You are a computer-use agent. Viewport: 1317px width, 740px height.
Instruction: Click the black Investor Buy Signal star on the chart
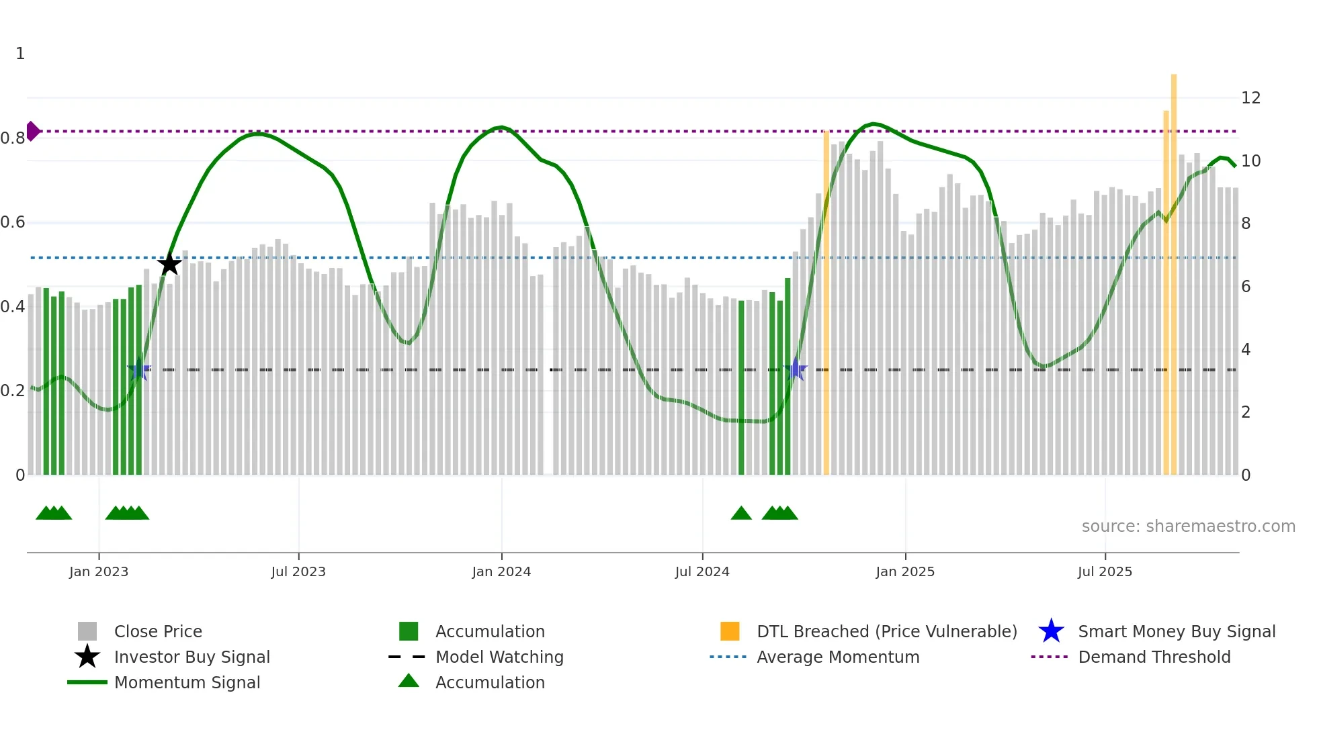tap(169, 264)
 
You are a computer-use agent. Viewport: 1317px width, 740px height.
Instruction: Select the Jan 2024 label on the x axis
tap(501, 571)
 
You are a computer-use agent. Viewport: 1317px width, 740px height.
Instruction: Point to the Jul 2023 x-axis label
tap(298, 571)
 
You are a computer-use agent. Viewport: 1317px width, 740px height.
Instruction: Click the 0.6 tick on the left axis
tap(13, 222)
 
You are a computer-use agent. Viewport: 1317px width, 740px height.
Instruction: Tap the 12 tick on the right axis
tap(1250, 98)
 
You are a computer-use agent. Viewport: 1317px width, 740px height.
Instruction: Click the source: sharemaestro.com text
tap(1188, 526)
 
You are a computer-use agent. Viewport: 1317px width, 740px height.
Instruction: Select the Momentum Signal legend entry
tap(187, 682)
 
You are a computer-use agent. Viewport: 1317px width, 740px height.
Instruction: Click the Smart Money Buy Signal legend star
tap(1051, 631)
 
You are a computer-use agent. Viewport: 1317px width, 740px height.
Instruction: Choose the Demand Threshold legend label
tap(1154, 657)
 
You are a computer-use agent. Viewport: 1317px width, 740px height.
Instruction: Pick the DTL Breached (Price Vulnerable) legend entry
tap(886, 631)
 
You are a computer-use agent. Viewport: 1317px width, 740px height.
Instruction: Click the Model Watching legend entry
tap(499, 657)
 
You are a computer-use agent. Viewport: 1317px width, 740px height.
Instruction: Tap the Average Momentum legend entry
tap(837, 657)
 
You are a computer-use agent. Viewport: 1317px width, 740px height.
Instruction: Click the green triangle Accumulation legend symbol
tap(409, 682)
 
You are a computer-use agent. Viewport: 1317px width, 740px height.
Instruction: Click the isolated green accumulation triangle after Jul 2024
tap(741, 514)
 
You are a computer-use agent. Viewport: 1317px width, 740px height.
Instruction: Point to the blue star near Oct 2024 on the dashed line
tap(796, 369)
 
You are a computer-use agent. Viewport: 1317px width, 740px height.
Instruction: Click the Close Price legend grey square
tap(87, 631)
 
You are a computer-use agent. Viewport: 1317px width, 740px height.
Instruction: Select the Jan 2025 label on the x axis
tap(905, 571)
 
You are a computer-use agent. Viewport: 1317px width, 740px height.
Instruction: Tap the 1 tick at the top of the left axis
tap(20, 54)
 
